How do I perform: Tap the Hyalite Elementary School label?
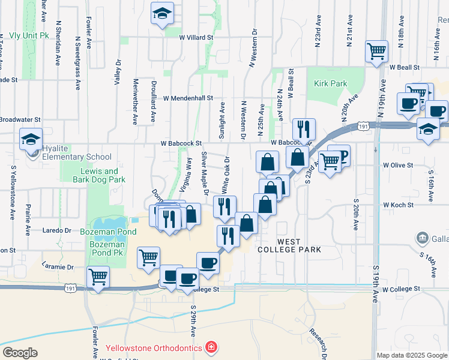click(73, 157)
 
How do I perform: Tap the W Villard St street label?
click(196, 37)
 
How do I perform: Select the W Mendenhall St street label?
click(188, 98)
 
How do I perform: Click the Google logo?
click(20, 353)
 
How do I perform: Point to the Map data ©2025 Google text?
click(412, 355)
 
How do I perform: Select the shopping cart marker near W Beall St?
click(376, 51)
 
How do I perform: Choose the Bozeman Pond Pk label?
click(107, 245)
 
